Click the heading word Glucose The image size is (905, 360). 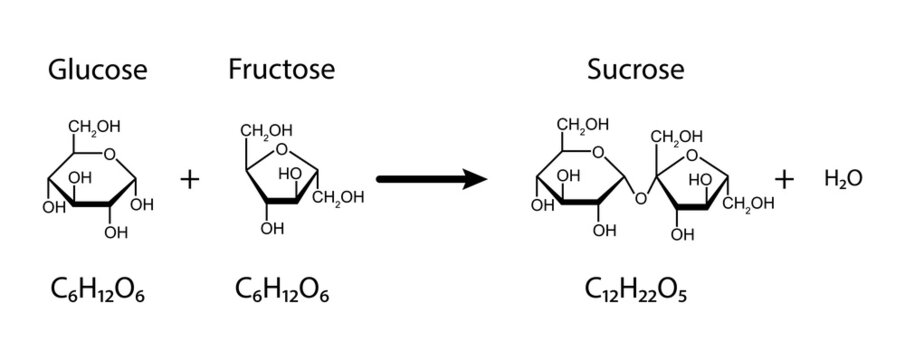point(98,70)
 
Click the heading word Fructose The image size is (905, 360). point(282,69)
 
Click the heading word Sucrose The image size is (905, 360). point(636,70)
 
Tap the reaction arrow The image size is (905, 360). point(432,179)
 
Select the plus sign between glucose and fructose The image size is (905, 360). point(189,179)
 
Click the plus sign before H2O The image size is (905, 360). point(784,179)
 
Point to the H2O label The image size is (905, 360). point(843,179)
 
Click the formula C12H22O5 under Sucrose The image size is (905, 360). point(635,291)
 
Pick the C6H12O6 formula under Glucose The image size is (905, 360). point(98,291)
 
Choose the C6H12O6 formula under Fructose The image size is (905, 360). point(282,291)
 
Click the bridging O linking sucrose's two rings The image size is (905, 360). point(640,199)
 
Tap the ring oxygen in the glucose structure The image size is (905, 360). point(110,154)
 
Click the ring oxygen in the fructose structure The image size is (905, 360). point(281,149)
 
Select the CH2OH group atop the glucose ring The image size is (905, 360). point(94,128)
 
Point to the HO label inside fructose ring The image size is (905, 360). point(290,173)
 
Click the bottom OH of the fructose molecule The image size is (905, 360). point(272,228)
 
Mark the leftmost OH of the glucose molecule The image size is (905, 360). point(54,208)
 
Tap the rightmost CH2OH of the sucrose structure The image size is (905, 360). point(749,203)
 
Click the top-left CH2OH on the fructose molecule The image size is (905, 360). point(266,130)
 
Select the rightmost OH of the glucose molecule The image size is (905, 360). point(142,205)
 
